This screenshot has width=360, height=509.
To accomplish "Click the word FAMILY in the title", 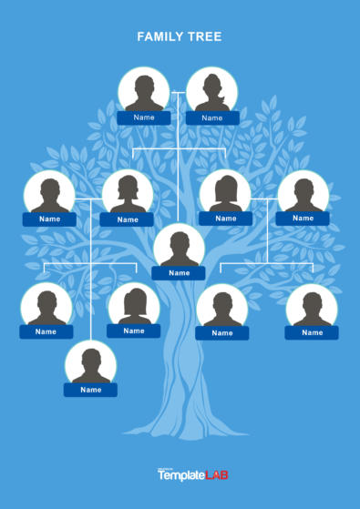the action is [158, 36].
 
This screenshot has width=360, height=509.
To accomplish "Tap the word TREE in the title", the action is [207, 36].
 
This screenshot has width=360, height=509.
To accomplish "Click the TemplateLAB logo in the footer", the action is [180, 474].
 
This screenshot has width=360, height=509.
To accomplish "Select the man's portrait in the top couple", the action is [144, 91].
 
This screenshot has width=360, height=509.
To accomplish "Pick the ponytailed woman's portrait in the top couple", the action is [211, 91].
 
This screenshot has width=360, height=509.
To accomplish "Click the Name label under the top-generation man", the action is [144, 117].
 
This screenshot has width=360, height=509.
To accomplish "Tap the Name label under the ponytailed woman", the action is [212, 118].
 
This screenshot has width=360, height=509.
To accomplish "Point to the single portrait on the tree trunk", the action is [179, 247].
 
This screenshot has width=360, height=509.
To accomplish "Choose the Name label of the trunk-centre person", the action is [179, 273].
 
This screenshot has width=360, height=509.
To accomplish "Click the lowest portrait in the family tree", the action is [90, 364].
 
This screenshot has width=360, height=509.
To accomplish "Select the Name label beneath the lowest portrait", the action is [90, 390].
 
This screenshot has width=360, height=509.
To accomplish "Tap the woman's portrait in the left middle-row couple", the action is [128, 193].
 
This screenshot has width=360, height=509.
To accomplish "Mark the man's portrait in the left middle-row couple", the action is [49, 193].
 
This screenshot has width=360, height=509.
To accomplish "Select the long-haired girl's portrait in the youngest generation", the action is [134, 305].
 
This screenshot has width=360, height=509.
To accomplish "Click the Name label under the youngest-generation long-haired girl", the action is [134, 331].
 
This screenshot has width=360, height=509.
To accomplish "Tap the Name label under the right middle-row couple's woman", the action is [225, 219].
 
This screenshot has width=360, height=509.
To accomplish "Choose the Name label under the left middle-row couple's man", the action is [49, 219].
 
